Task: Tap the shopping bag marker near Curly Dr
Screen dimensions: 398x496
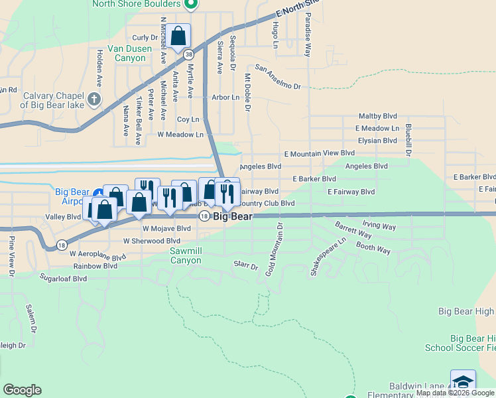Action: tap(178, 36)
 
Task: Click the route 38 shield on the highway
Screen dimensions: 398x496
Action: tap(190, 54)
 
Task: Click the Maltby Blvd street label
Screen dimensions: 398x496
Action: tap(377, 116)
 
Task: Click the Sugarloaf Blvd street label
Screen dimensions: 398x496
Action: tap(63, 279)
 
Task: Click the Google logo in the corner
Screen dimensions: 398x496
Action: tap(22, 390)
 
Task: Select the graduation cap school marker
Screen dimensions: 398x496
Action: tap(463, 382)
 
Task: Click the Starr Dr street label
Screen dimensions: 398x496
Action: tap(245, 266)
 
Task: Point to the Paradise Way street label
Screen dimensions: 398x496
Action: tap(308, 36)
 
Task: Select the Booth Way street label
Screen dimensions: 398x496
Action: tap(373, 249)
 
